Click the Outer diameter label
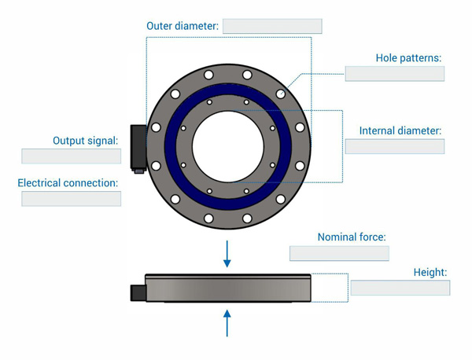(x=183, y=26)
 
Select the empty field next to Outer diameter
(x=272, y=26)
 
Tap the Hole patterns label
(x=408, y=57)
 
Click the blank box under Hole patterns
(x=395, y=74)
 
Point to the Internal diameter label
(x=400, y=130)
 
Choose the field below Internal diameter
(x=395, y=146)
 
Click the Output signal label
(x=86, y=141)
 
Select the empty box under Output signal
(x=72, y=156)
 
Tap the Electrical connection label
(x=68, y=183)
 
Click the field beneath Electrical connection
(x=72, y=199)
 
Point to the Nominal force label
(x=352, y=237)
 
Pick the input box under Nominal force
(x=339, y=253)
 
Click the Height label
(x=430, y=273)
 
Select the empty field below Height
(x=400, y=288)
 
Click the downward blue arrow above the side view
(x=227, y=254)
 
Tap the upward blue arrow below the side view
(x=227, y=323)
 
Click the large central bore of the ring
(x=228, y=146)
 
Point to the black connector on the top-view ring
(x=138, y=148)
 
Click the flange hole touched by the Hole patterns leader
(x=281, y=94)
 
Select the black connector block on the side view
(x=138, y=293)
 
